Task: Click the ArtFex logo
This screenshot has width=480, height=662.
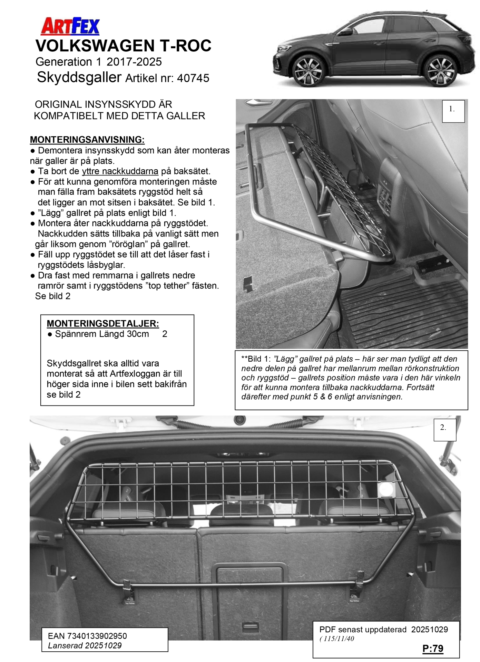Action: pos(70,27)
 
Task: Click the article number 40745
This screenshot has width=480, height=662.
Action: pos(193,78)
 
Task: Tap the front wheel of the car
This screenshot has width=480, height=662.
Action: pos(306,71)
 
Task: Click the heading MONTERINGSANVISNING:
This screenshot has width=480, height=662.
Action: pos(87,140)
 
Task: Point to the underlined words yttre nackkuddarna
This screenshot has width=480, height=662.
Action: pos(120,171)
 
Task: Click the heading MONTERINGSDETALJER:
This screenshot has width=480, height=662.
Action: pos(103,323)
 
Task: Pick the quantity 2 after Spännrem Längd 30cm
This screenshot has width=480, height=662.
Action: pos(165,334)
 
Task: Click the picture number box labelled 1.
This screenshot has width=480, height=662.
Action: pos(453,111)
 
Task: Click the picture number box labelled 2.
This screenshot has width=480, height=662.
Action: pos(444,430)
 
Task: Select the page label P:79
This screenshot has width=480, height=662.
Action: pos(433,649)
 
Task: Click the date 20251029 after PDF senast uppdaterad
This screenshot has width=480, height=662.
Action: pos(429,630)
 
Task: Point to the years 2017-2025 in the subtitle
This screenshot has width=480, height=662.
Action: pos(134,62)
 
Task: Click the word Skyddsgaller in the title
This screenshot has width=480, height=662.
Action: pos(79,77)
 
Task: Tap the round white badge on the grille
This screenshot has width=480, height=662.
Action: pos(386,489)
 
